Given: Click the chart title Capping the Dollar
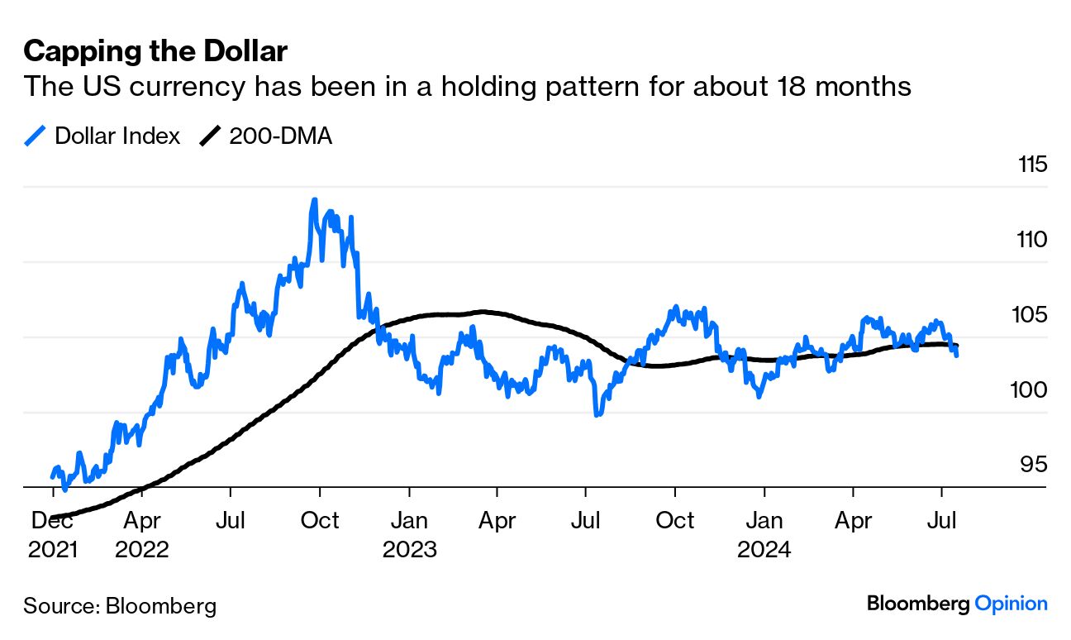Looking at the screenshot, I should pos(155,52).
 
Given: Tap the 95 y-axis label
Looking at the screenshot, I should pos(1034,465).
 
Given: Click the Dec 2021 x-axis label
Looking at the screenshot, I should pos(52,535).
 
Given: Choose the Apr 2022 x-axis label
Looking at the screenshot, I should pos(142,535).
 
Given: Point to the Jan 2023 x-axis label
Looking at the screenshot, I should pos(409,535).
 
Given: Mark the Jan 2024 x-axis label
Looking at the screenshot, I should pos(764,535).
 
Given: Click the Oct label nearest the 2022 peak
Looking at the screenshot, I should pos(320,521).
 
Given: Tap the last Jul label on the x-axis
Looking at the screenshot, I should pos(942,521).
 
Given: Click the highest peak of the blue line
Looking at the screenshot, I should pos(314,200).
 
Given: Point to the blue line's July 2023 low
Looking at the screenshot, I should pos(597,413).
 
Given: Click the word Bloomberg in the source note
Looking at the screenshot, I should pos(162,606).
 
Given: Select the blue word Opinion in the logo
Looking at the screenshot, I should pos(1011,604).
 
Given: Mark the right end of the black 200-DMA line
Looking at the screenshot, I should pos(957,346).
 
